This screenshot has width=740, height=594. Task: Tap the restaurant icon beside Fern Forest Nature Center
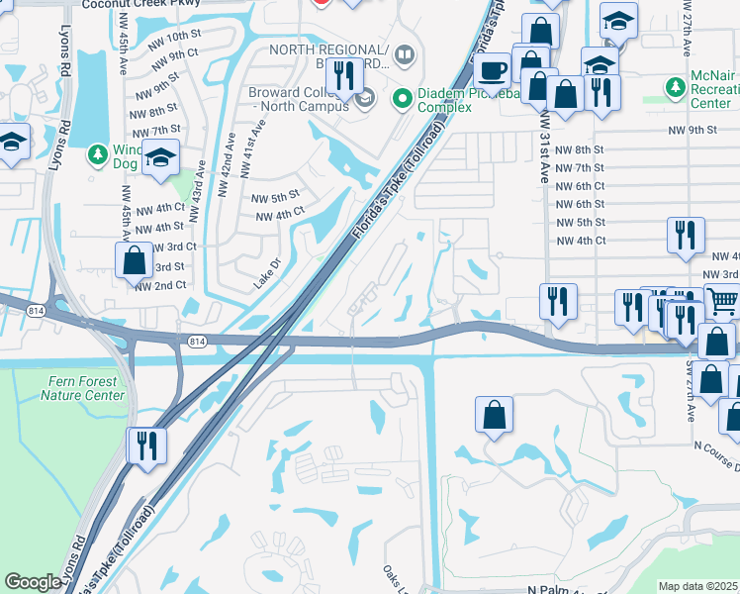tap(144, 444)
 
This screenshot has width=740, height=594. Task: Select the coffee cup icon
tap(492, 70)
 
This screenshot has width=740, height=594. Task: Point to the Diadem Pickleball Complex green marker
tap(402, 98)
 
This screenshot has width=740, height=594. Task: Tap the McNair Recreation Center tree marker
tap(676, 88)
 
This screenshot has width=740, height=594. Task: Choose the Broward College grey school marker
tap(365, 97)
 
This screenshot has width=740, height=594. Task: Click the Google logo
tap(32, 582)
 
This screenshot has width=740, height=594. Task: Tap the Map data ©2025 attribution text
tap(697, 586)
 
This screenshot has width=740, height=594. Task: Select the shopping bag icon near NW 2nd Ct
tap(135, 262)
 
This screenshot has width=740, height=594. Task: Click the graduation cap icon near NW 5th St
tap(159, 157)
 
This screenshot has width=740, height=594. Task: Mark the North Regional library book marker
tap(404, 53)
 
